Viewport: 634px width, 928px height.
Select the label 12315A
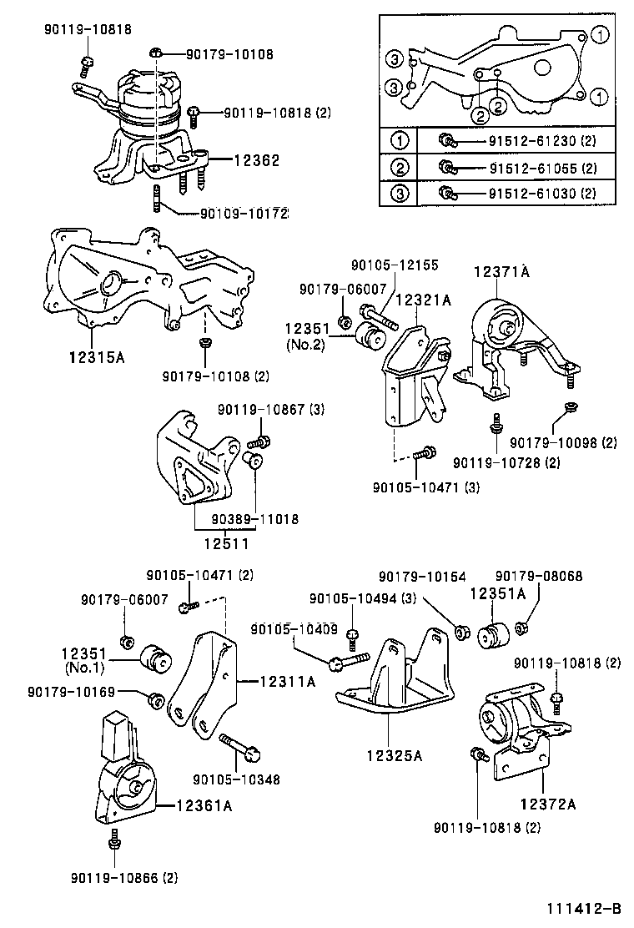[x=96, y=358]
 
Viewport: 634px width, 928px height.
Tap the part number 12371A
[x=503, y=272]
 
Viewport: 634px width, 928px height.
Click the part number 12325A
[x=394, y=756]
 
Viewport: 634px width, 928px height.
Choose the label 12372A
[x=548, y=804]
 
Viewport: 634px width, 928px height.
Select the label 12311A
[x=287, y=682]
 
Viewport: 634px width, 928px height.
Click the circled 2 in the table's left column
[x=401, y=168]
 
